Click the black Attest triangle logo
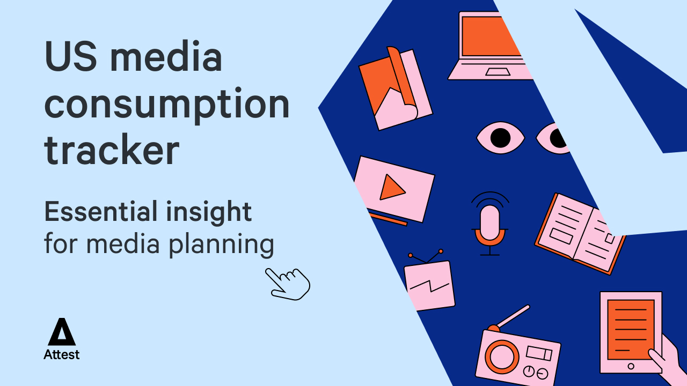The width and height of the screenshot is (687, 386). tap(62, 332)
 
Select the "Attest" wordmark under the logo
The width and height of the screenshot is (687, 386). tap(62, 354)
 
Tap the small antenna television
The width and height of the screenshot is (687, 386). tap(429, 284)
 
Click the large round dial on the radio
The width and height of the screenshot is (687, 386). tap(502, 356)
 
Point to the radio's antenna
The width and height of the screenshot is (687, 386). tap(513, 316)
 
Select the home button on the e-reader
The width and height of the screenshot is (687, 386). tap(631, 366)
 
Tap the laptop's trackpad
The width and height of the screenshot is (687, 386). tap(498, 71)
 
